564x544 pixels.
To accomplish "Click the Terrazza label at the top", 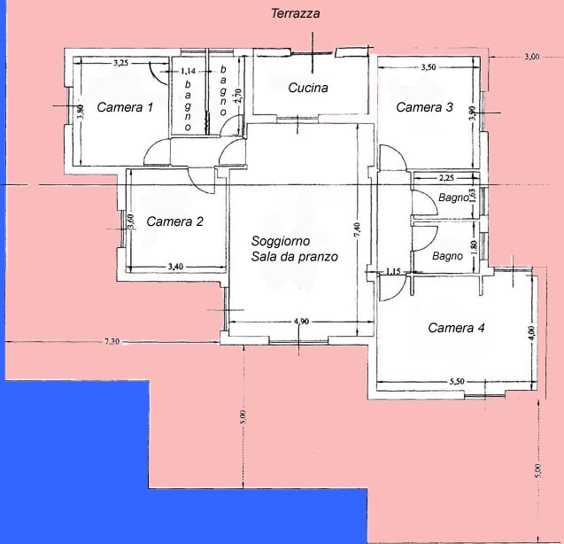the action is coord(296,13).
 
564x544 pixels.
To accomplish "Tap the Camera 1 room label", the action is coord(125,107).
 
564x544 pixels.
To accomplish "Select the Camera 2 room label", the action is coord(174,221).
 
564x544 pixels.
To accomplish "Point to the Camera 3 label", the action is coord(424,107).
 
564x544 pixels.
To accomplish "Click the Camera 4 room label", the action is coord(457,328).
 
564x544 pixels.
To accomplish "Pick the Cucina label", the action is coord(308,88).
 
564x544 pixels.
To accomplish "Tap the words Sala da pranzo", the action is coord(295,257).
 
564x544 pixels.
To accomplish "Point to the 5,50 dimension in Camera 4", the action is coord(457,381).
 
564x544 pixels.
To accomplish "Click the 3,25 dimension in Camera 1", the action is coord(120,63).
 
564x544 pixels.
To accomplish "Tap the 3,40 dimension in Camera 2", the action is coord(175,267).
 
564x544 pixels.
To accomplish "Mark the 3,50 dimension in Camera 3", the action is coord(429,67).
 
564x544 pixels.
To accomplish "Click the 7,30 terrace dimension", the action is coord(112,341).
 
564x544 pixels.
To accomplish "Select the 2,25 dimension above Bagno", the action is coord(446,177).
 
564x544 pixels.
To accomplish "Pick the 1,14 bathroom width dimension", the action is coord(188,71).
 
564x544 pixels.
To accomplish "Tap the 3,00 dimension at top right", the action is coord(532,57).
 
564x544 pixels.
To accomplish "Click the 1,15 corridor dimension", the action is coord(393,271).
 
